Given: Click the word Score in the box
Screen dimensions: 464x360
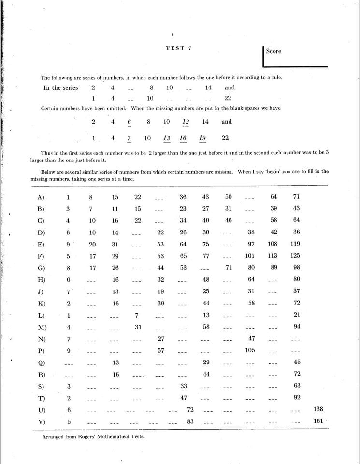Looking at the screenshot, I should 273,51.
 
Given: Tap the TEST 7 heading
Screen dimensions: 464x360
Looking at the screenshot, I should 179,48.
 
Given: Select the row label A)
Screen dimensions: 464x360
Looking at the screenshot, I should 41,197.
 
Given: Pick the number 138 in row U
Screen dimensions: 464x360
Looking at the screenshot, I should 318,409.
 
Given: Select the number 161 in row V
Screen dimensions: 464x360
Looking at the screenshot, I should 318,421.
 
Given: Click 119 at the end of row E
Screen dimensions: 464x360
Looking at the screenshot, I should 295,244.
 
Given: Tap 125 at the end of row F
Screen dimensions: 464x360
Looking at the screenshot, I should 295,256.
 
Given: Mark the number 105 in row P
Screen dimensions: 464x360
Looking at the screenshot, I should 250,350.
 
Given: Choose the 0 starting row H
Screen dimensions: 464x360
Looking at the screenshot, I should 68,280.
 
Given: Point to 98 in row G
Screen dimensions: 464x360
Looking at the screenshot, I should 296,268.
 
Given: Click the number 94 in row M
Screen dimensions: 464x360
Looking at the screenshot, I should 297,327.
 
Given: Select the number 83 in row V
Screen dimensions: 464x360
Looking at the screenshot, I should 190,421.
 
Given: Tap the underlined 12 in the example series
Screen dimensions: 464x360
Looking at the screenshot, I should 186,122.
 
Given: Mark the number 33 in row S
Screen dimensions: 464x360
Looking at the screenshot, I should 184,386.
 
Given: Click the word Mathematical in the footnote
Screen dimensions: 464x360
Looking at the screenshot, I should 112,437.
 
